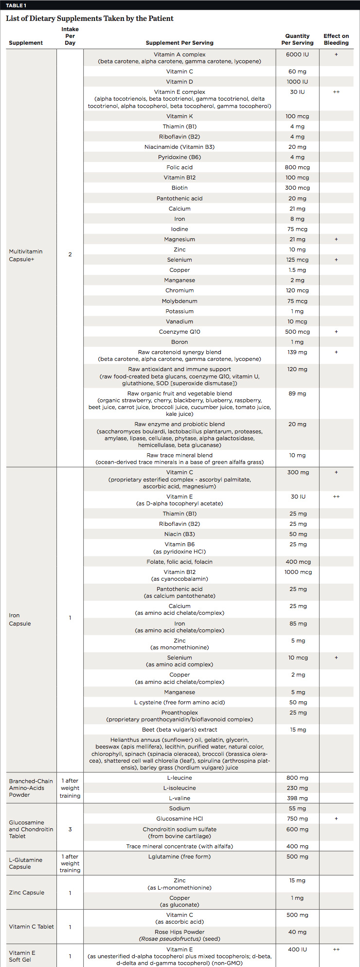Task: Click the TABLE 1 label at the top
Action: (16, 5)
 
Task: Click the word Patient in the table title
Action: (158, 18)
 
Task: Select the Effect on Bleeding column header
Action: (336, 39)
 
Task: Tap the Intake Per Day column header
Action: (70, 36)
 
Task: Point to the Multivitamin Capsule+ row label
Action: (26, 255)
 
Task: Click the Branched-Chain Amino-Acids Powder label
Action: (31, 788)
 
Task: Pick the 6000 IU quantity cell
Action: (297, 54)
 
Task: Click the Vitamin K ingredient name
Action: (180, 116)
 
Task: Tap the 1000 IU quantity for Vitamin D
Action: (297, 82)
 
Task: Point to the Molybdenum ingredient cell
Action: (180, 301)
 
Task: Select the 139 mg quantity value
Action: (297, 352)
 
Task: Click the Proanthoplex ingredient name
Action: (180, 713)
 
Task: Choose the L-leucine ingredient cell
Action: (180, 778)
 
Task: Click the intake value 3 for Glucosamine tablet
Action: (70, 829)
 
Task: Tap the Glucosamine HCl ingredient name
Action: (180, 819)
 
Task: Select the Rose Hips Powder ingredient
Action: (180, 932)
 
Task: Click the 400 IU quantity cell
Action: (297, 949)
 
